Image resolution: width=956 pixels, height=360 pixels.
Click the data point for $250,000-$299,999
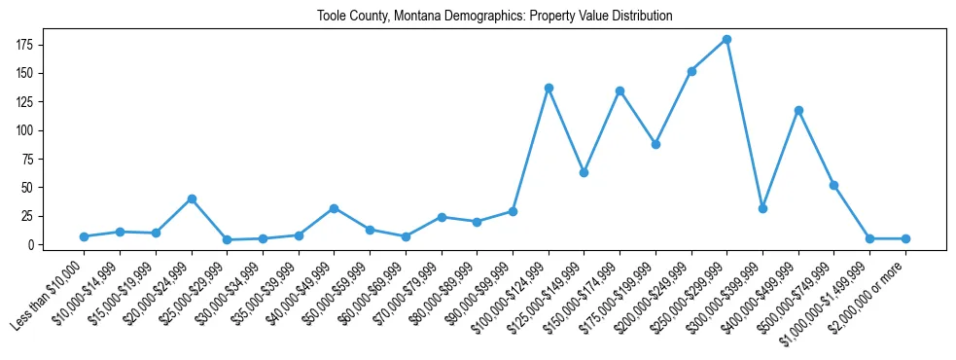[x=726, y=39]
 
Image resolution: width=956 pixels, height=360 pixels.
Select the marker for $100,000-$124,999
[x=549, y=88]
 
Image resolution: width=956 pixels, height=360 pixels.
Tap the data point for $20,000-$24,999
[x=192, y=198]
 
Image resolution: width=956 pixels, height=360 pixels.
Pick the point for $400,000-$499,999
[x=798, y=110]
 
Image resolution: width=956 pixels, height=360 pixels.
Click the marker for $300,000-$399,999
[x=762, y=208]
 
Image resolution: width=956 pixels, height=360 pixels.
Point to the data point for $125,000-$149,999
[x=584, y=172]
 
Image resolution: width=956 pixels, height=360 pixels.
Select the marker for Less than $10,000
[x=84, y=236]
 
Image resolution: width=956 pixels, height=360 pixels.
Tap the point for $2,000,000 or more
[x=905, y=238]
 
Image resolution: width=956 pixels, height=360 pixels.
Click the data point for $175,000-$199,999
[x=655, y=144]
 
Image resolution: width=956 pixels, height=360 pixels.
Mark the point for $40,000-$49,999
[x=334, y=208]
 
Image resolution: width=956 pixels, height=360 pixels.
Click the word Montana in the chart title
[x=420, y=17]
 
